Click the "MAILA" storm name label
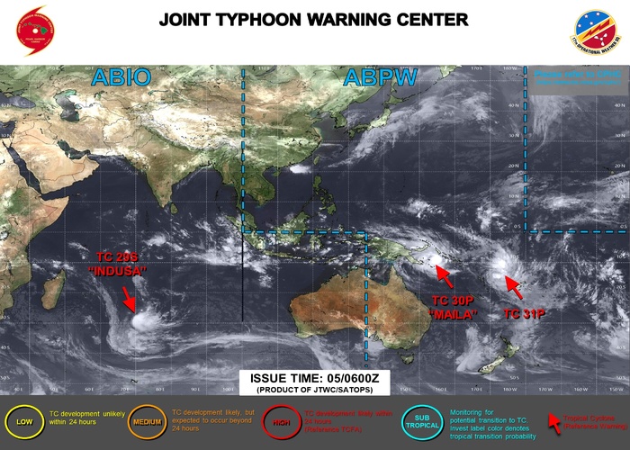pos(454,314)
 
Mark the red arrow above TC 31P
pos(514,288)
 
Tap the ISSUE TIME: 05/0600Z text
pos(315,379)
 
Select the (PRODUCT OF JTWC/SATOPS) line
pos(315,391)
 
